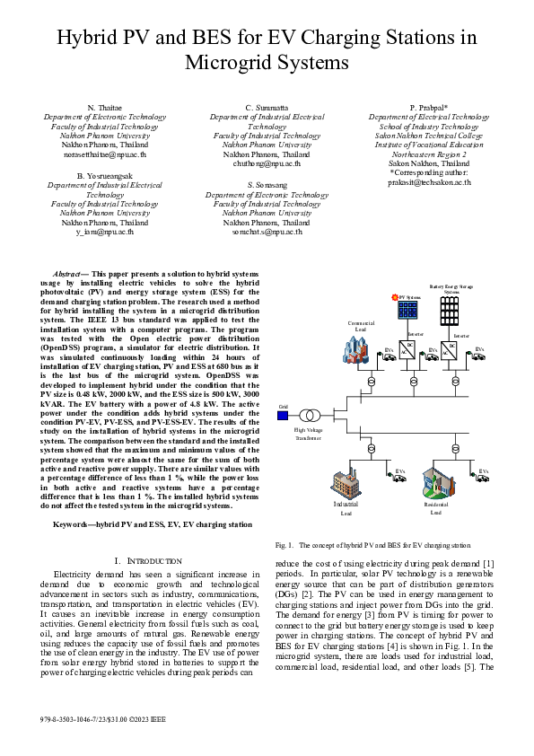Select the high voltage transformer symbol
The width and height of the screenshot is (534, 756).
[x=311, y=416]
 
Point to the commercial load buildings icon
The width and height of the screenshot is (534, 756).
[x=358, y=351]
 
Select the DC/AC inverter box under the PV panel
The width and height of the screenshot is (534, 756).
[x=409, y=347]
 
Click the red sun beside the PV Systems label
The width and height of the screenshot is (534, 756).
[x=394, y=295]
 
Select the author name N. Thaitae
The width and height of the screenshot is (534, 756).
[x=104, y=108]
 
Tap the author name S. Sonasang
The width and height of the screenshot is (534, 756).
[x=267, y=184]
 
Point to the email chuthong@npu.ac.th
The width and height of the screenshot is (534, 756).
[x=267, y=163]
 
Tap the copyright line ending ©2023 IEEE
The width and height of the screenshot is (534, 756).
[x=103, y=720]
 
